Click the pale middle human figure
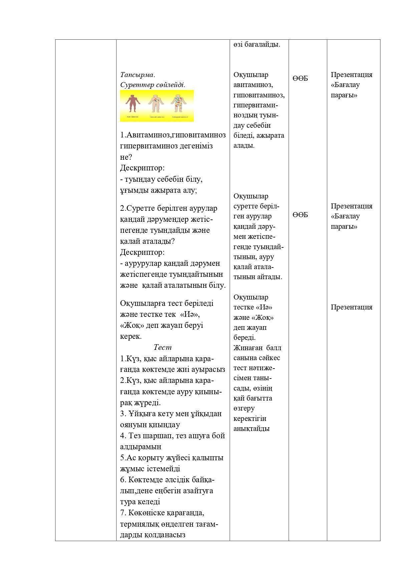tap(155, 104)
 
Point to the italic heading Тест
tap(162, 348)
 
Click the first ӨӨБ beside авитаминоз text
tap(300, 79)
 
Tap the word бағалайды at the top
tap(262, 44)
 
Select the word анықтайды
tap(251, 429)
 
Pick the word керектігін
tap(250, 419)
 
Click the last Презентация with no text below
tap(351, 307)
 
